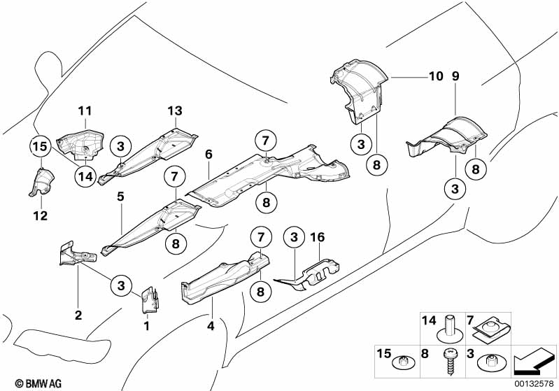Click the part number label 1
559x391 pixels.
146,325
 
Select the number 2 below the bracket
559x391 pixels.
78,315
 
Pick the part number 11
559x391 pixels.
85,111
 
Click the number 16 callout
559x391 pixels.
319,238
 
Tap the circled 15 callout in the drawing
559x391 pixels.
40,146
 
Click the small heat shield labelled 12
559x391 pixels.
41,184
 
